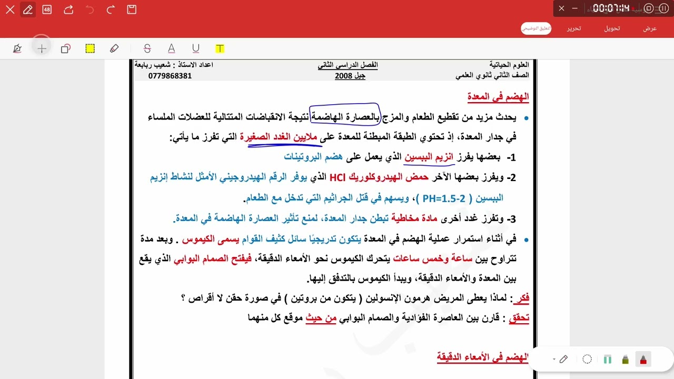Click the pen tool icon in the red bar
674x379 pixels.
tap(28, 9)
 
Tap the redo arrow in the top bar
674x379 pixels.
tap(111, 9)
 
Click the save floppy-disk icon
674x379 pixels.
tap(132, 9)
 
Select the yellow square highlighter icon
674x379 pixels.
tap(90, 48)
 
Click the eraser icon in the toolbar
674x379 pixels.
tap(114, 48)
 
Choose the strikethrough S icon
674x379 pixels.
tap(147, 48)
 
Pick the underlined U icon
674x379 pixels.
tap(196, 48)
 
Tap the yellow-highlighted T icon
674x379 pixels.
tap(220, 48)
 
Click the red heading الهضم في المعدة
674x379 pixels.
tap(498, 97)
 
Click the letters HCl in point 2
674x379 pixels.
tap(337, 177)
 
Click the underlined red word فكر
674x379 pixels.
tap(521, 298)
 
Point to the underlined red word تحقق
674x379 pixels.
tap(519, 318)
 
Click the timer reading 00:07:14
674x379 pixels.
tap(611, 8)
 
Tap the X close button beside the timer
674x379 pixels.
tap(561, 8)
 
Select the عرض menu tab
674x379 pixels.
tap(650, 28)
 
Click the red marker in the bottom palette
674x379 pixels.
tap(643, 360)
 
